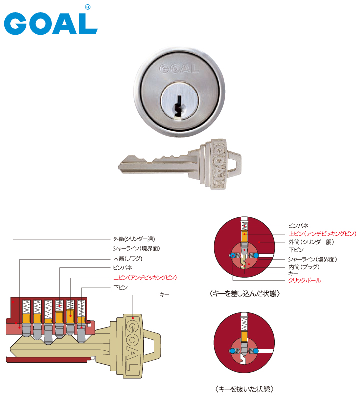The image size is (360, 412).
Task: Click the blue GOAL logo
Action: click(x=51, y=23)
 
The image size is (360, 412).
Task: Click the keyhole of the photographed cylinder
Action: click(x=179, y=106)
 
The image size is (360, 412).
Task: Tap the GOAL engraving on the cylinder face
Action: click(x=179, y=69)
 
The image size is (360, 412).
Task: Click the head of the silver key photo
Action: click(x=220, y=164)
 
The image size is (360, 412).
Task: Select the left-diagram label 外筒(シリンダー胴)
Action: click(x=134, y=239)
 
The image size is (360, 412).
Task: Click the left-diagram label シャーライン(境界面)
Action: click(x=136, y=248)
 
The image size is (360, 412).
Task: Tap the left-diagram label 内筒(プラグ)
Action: click(x=128, y=259)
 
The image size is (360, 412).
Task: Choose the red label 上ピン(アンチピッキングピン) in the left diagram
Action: click(x=145, y=277)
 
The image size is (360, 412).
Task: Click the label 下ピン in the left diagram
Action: click(x=120, y=287)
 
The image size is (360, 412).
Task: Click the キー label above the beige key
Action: click(x=164, y=295)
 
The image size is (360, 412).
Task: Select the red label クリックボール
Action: click(x=305, y=280)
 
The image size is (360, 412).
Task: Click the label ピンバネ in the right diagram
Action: click(x=298, y=225)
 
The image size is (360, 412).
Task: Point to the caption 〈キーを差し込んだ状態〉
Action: click(x=245, y=294)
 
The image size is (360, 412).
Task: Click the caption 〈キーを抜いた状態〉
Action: click(x=244, y=389)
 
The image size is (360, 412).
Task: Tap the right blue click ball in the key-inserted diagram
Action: click(x=256, y=255)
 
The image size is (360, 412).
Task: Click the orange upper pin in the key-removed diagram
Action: click(x=244, y=336)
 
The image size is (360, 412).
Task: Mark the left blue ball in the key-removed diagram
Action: click(x=232, y=351)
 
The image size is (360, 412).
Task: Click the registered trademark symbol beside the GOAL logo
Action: click(x=88, y=7)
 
